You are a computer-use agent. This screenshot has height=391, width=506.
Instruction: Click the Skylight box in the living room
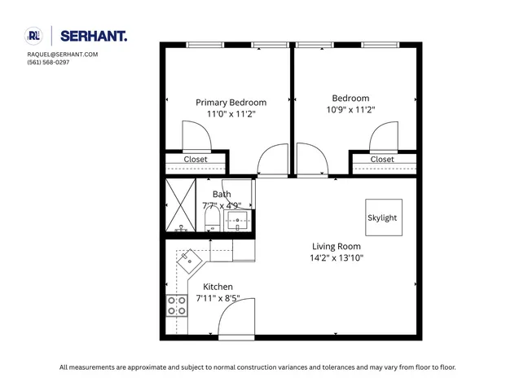[x=382, y=217]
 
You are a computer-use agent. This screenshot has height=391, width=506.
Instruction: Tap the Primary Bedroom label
[x=231, y=103]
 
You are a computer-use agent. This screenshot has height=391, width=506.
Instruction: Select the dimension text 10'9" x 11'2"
[x=350, y=110]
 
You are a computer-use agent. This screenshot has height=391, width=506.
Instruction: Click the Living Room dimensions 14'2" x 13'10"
[x=337, y=257]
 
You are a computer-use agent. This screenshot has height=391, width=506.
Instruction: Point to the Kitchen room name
[x=218, y=287]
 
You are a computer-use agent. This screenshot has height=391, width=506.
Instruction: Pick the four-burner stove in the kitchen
[x=177, y=305]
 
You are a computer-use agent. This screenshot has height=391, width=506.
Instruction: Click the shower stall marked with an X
[x=178, y=205]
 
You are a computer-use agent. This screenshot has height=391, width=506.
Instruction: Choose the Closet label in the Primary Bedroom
[x=195, y=160]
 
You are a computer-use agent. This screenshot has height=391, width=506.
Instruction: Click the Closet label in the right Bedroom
[x=381, y=160]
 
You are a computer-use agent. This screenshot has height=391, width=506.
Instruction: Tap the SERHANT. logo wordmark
[x=95, y=36]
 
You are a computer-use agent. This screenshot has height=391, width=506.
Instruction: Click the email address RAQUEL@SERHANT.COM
[x=62, y=55]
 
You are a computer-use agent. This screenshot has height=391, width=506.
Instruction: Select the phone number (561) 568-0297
[x=48, y=62]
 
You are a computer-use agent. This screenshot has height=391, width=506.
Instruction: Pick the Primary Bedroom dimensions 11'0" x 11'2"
[x=231, y=114]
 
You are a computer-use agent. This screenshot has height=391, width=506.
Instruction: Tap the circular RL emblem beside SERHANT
[x=33, y=35]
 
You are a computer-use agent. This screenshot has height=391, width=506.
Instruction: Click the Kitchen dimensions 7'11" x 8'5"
[x=218, y=298]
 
